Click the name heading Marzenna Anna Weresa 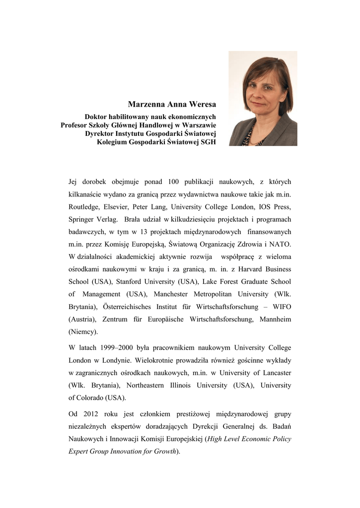(x=172, y=105)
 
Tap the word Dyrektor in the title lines (x=100, y=133)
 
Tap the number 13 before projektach (x=141, y=232)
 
